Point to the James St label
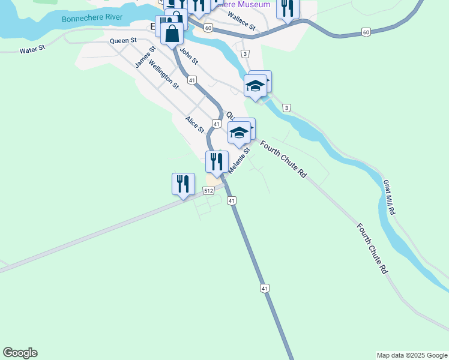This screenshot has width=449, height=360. (145, 57)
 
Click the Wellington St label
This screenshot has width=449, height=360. (163, 74)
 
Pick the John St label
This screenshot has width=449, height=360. (188, 58)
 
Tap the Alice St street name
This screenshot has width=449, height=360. (195, 125)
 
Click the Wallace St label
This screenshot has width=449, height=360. (242, 24)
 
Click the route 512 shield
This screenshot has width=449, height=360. (208, 191)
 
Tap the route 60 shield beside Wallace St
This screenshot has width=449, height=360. (208, 28)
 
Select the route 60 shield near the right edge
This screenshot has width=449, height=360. (366, 32)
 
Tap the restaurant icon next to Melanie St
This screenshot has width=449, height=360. (217, 161)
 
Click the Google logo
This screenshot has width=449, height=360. (20, 353)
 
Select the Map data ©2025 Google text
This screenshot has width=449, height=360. (411, 355)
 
